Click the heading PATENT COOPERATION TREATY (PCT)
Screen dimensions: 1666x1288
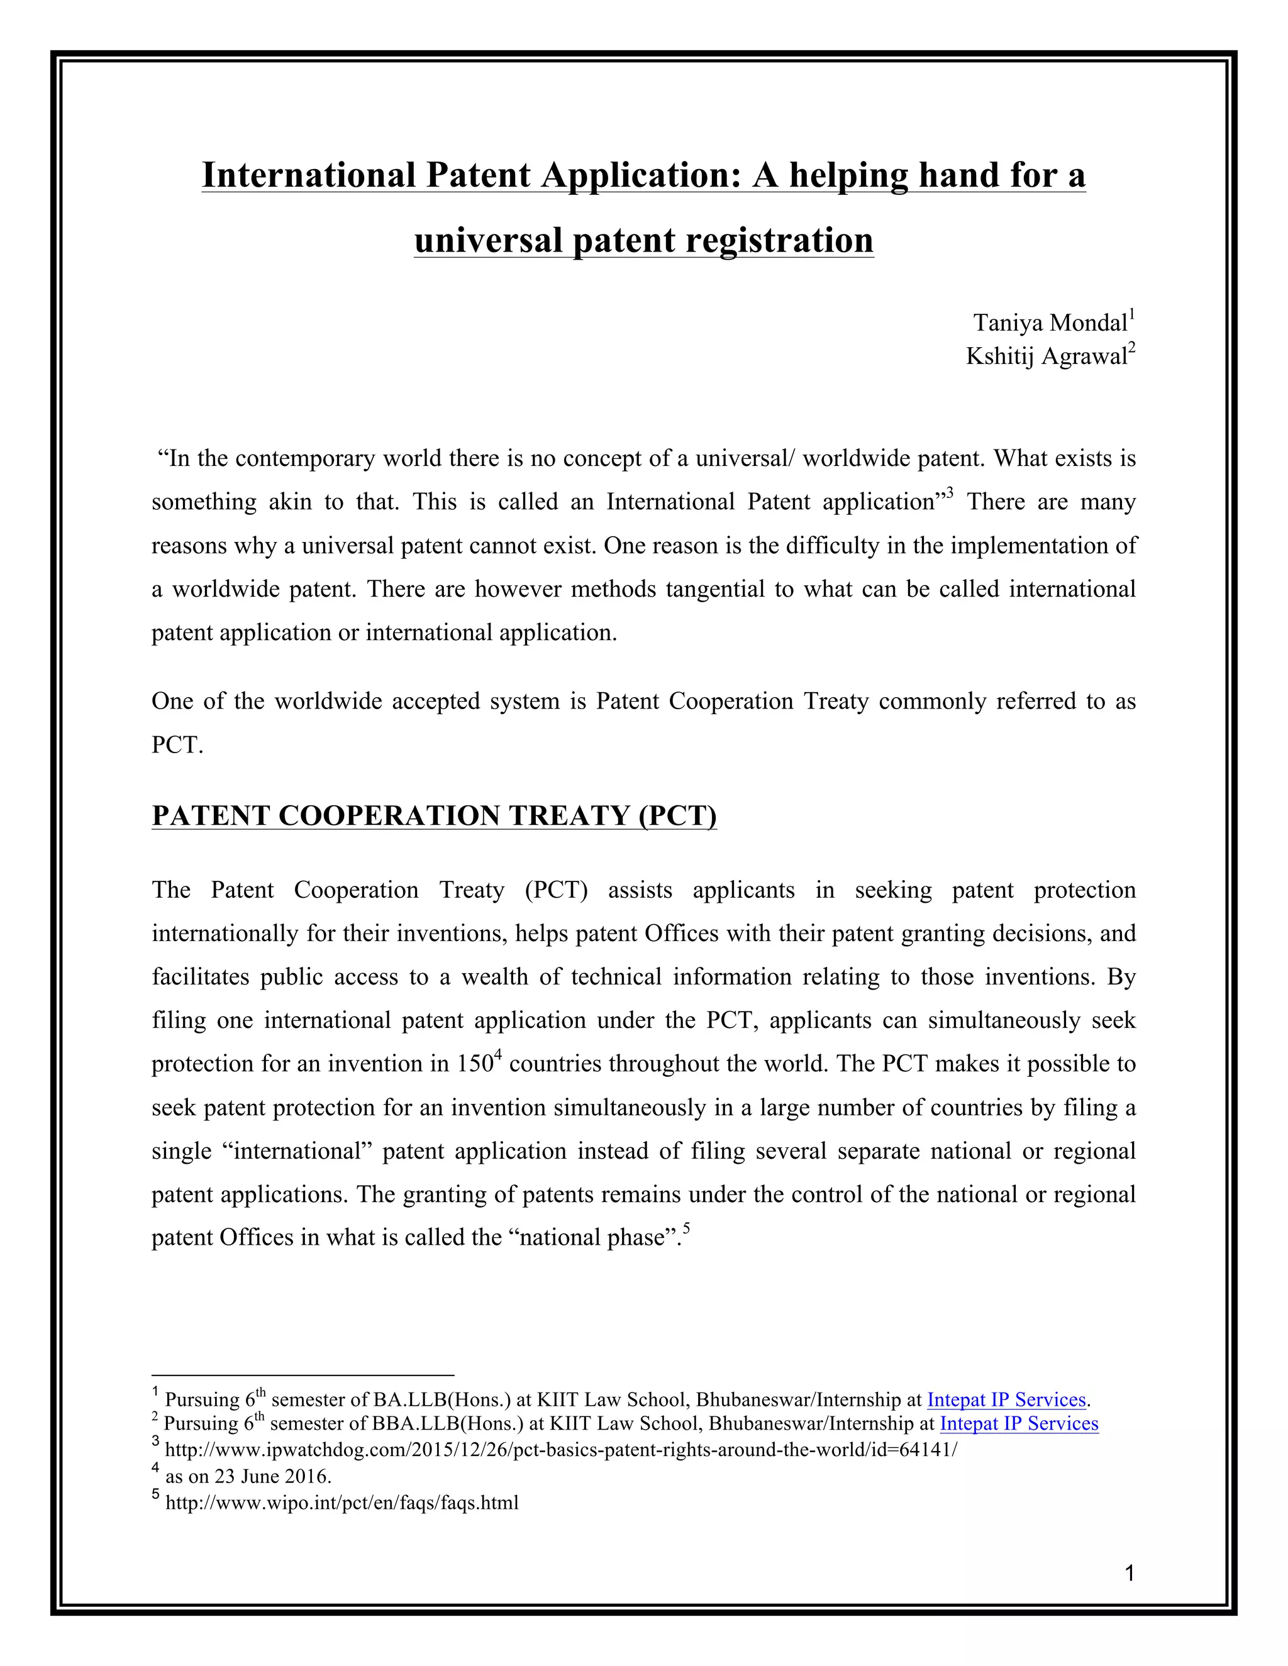tap(434, 815)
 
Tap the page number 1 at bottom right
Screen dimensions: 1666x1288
tap(1130, 1573)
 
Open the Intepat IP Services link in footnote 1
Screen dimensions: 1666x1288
tap(1006, 1400)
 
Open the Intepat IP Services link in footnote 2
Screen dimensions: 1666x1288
tap(1019, 1423)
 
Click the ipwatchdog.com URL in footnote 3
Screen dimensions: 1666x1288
tap(561, 1449)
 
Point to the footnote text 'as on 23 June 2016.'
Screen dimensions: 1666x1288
tap(248, 1476)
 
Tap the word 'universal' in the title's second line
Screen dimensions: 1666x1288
tap(487, 240)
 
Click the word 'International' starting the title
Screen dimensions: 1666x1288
tap(308, 175)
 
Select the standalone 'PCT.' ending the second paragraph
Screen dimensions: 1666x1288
tap(177, 744)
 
